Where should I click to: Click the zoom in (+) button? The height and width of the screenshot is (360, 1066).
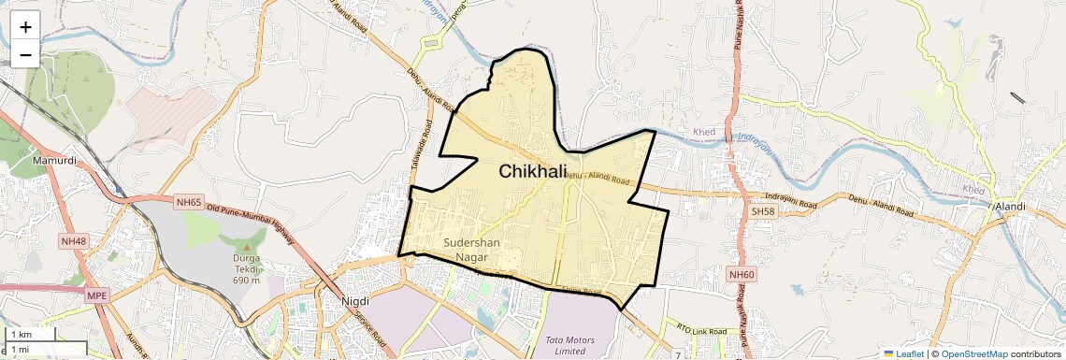pos(25,26)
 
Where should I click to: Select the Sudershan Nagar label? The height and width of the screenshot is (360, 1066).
pos(471,249)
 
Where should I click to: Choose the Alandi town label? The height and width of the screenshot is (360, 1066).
pos(1010,206)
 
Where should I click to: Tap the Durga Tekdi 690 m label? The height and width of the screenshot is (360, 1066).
pos(247,267)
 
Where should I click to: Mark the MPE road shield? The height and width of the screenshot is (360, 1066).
pos(96,295)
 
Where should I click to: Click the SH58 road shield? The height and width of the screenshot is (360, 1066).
pos(763,211)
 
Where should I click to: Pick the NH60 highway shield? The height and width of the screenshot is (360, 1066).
pos(741,273)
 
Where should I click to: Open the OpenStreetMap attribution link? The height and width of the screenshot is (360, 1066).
pos(973,353)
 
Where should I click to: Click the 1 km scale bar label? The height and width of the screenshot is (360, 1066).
pos(21,335)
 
